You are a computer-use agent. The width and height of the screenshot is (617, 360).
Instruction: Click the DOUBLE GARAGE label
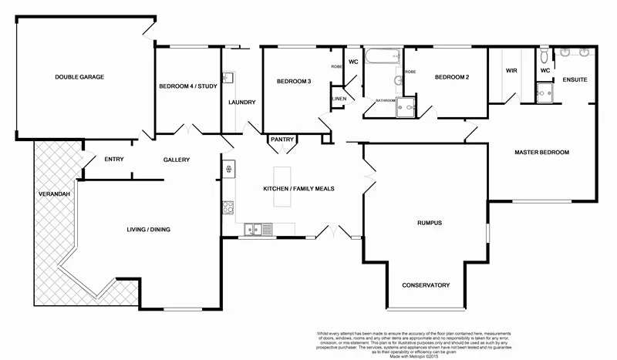point(79,77)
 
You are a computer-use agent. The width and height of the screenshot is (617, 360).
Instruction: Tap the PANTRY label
point(282,140)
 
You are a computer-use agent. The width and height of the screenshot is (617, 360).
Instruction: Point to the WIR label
point(511,71)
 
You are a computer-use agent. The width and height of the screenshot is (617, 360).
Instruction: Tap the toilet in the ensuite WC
point(545,56)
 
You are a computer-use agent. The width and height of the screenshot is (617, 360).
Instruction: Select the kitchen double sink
point(255,228)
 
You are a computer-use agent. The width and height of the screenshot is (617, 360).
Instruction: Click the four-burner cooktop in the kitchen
point(228,207)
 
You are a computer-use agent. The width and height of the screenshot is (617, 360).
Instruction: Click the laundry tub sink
point(228,78)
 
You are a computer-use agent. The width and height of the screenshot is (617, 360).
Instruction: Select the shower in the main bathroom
point(406,111)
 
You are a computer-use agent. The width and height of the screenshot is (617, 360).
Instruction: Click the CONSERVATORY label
point(425,285)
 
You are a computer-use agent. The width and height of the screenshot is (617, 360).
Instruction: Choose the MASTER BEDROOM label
point(541,153)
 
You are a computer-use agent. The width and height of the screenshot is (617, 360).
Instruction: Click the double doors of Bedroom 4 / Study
point(185,129)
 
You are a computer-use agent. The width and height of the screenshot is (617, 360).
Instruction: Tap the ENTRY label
point(114,160)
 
